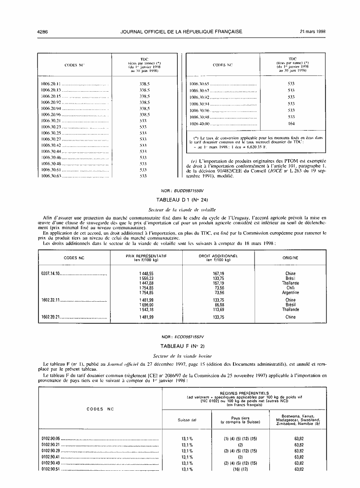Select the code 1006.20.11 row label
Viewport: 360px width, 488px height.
[x=51, y=84]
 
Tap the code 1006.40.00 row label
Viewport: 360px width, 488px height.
[x=199, y=124]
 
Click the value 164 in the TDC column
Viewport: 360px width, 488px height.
[x=291, y=124]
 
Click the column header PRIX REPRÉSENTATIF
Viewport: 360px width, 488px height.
[x=146, y=256]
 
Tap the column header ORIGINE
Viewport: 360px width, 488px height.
[x=290, y=258]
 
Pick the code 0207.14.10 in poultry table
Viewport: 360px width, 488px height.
[x=50, y=273]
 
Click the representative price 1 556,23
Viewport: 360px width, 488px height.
[x=146, y=279]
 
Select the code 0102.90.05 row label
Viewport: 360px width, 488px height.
[x=51, y=438]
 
